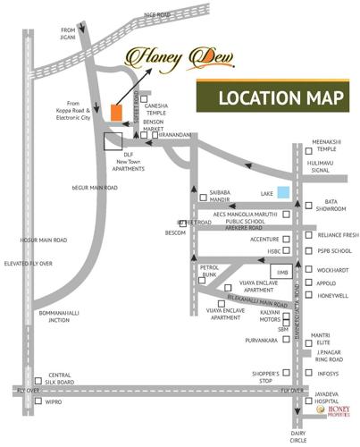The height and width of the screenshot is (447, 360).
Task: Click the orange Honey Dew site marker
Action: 116,112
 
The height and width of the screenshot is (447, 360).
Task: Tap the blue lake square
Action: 282,191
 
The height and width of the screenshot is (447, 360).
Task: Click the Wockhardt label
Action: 333,269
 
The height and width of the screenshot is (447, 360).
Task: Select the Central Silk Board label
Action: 61,378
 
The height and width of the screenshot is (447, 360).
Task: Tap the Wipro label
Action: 54,401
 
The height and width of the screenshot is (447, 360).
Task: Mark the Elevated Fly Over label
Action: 29,264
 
